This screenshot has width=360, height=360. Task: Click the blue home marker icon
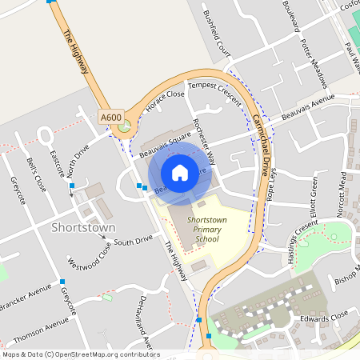pos(180,173)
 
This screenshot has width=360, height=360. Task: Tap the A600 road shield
pos(110,118)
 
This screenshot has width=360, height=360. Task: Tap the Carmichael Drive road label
pos(261,135)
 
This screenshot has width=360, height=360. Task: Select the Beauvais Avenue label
pos(308,106)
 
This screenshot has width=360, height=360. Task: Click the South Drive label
pos(133,240)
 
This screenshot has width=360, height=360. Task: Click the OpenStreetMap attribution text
pos(80,354)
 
